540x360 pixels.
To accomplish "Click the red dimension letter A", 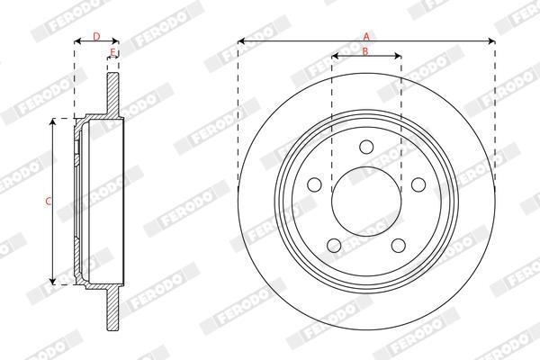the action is (366, 36).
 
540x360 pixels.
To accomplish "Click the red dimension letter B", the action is (365, 51).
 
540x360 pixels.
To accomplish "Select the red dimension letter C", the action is (49, 202).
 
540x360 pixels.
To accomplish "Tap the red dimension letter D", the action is (97, 36).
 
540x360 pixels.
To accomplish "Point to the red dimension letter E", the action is (112, 52).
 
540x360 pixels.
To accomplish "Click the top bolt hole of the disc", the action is (366, 147).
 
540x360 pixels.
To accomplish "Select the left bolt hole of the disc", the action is (314, 184).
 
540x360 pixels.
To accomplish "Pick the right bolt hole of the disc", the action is (418, 184).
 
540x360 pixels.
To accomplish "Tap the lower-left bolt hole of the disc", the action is (334, 246).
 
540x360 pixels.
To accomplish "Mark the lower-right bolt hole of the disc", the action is (399, 246).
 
